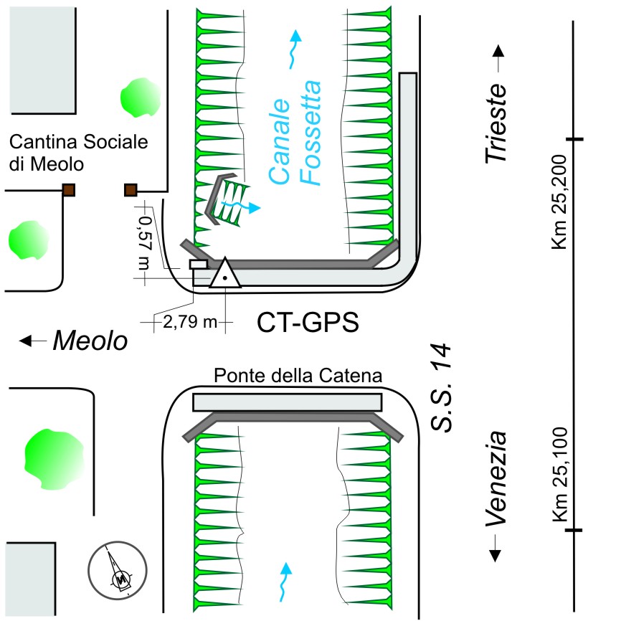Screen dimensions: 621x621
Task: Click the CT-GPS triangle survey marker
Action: click(224, 274)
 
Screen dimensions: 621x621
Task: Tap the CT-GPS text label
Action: click(308, 323)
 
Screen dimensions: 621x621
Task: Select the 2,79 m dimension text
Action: click(190, 322)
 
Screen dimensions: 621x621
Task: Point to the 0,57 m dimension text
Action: click(146, 237)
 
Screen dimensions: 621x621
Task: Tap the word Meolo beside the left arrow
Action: click(90, 342)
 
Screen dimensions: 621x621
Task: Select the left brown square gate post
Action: click(69, 189)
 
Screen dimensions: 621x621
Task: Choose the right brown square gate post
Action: click(131, 189)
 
